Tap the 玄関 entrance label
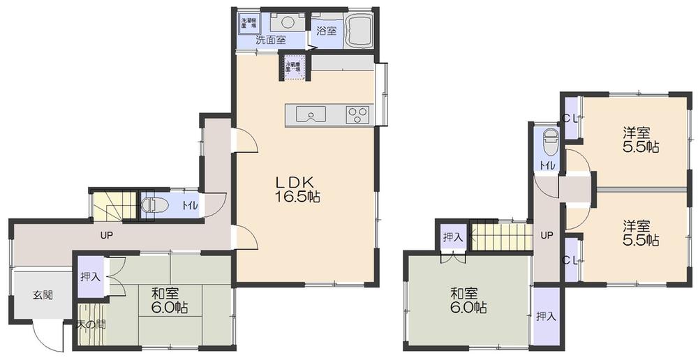(43, 294)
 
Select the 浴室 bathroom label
(326, 31)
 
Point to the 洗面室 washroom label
(270, 40)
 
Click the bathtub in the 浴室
(357, 29)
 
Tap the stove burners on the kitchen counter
(358, 114)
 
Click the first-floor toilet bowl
(151, 206)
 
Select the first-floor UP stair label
(106, 234)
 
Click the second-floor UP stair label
(547, 235)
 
